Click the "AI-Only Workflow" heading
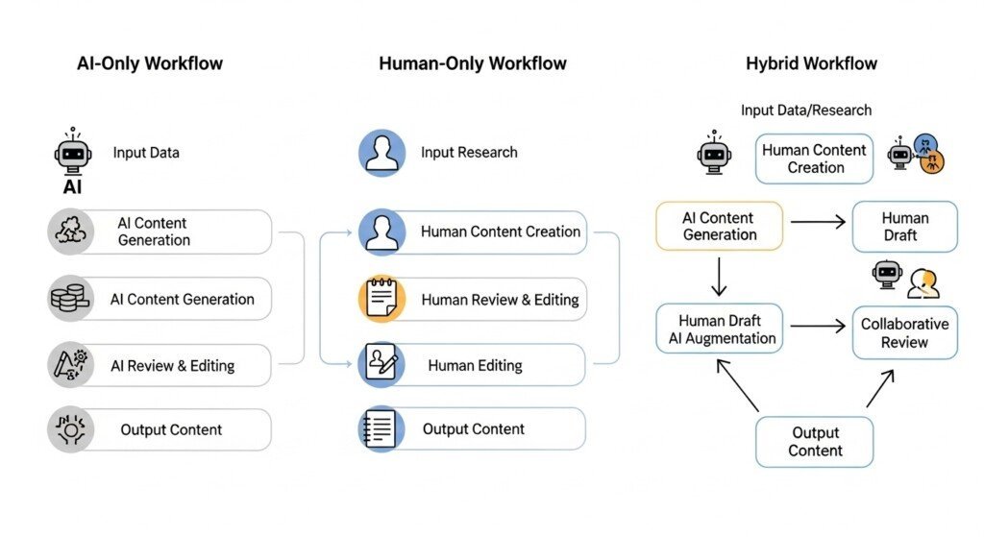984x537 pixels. tap(150, 64)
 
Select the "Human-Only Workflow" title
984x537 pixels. tap(473, 64)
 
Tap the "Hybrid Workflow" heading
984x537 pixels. tap(811, 64)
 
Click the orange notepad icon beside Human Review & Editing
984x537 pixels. tap(381, 299)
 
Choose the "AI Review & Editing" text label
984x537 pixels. tap(172, 365)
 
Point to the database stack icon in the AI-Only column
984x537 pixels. tap(69, 299)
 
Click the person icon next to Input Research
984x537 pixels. tap(381, 153)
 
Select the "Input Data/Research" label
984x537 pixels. tap(806, 110)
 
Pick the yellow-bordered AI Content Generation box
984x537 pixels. tap(719, 227)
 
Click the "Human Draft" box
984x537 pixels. tap(904, 227)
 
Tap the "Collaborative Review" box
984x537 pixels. tap(904, 332)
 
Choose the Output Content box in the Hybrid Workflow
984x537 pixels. tap(815, 442)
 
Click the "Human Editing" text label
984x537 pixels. tap(475, 365)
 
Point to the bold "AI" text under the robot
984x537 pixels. tap(72, 187)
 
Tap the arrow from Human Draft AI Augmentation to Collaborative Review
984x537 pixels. tap(817, 327)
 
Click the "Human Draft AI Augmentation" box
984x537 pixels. tap(719, 329)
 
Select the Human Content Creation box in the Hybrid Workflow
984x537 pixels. tap(814, 159)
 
